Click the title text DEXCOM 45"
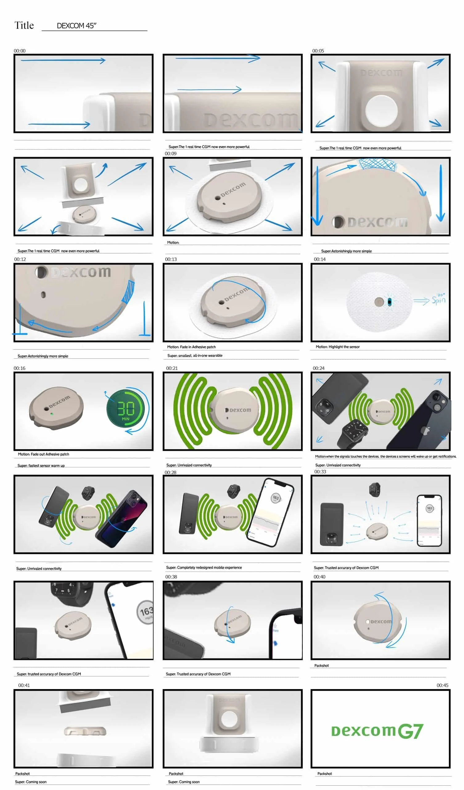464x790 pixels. (x=76, y=26)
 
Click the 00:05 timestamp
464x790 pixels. (x=318, y=51)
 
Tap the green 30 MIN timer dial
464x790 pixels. (x=125, y=408)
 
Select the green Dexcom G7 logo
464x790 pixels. (x=377, y=731)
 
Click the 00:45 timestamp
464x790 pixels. (x=442, y=685)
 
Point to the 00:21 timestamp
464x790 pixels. (x=172, y=368)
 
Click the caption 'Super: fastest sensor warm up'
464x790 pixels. (x=41, y=466)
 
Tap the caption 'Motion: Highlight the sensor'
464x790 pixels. (x=337, y=347)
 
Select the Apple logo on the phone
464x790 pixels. (x=425, y=430)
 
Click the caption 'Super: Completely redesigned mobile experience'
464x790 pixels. (x=204, y=568)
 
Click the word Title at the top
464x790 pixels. (x=24, y=25)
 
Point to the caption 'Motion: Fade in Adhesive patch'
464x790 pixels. (x=191, y=347)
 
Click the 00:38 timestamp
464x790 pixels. (x=171, y=577)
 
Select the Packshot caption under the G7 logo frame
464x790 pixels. (x=324, y=774)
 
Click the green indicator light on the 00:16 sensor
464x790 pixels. (x=52, y=414)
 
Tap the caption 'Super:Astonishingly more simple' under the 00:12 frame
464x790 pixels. (x=43, y=356)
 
